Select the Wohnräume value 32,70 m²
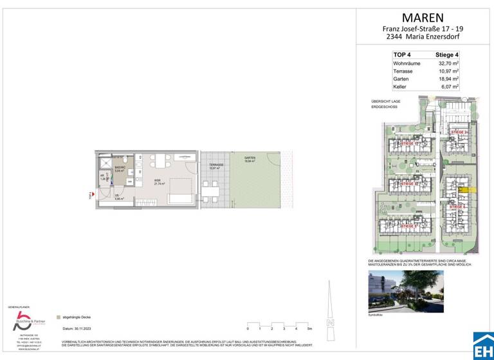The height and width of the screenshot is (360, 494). [447, 64]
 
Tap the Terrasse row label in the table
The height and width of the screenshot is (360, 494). [403, 71]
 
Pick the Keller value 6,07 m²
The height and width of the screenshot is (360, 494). [448, 86]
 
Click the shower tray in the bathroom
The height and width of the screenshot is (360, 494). [106, 161]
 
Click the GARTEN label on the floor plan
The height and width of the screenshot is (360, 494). [250, 158]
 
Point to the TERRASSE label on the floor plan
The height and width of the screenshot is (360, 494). [215, 165]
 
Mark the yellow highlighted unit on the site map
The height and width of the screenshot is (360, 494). [464, 190]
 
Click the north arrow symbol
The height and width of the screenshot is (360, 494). [331, 309]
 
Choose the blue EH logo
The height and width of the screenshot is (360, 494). [483, 346]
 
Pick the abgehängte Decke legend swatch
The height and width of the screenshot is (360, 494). [59, 317]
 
